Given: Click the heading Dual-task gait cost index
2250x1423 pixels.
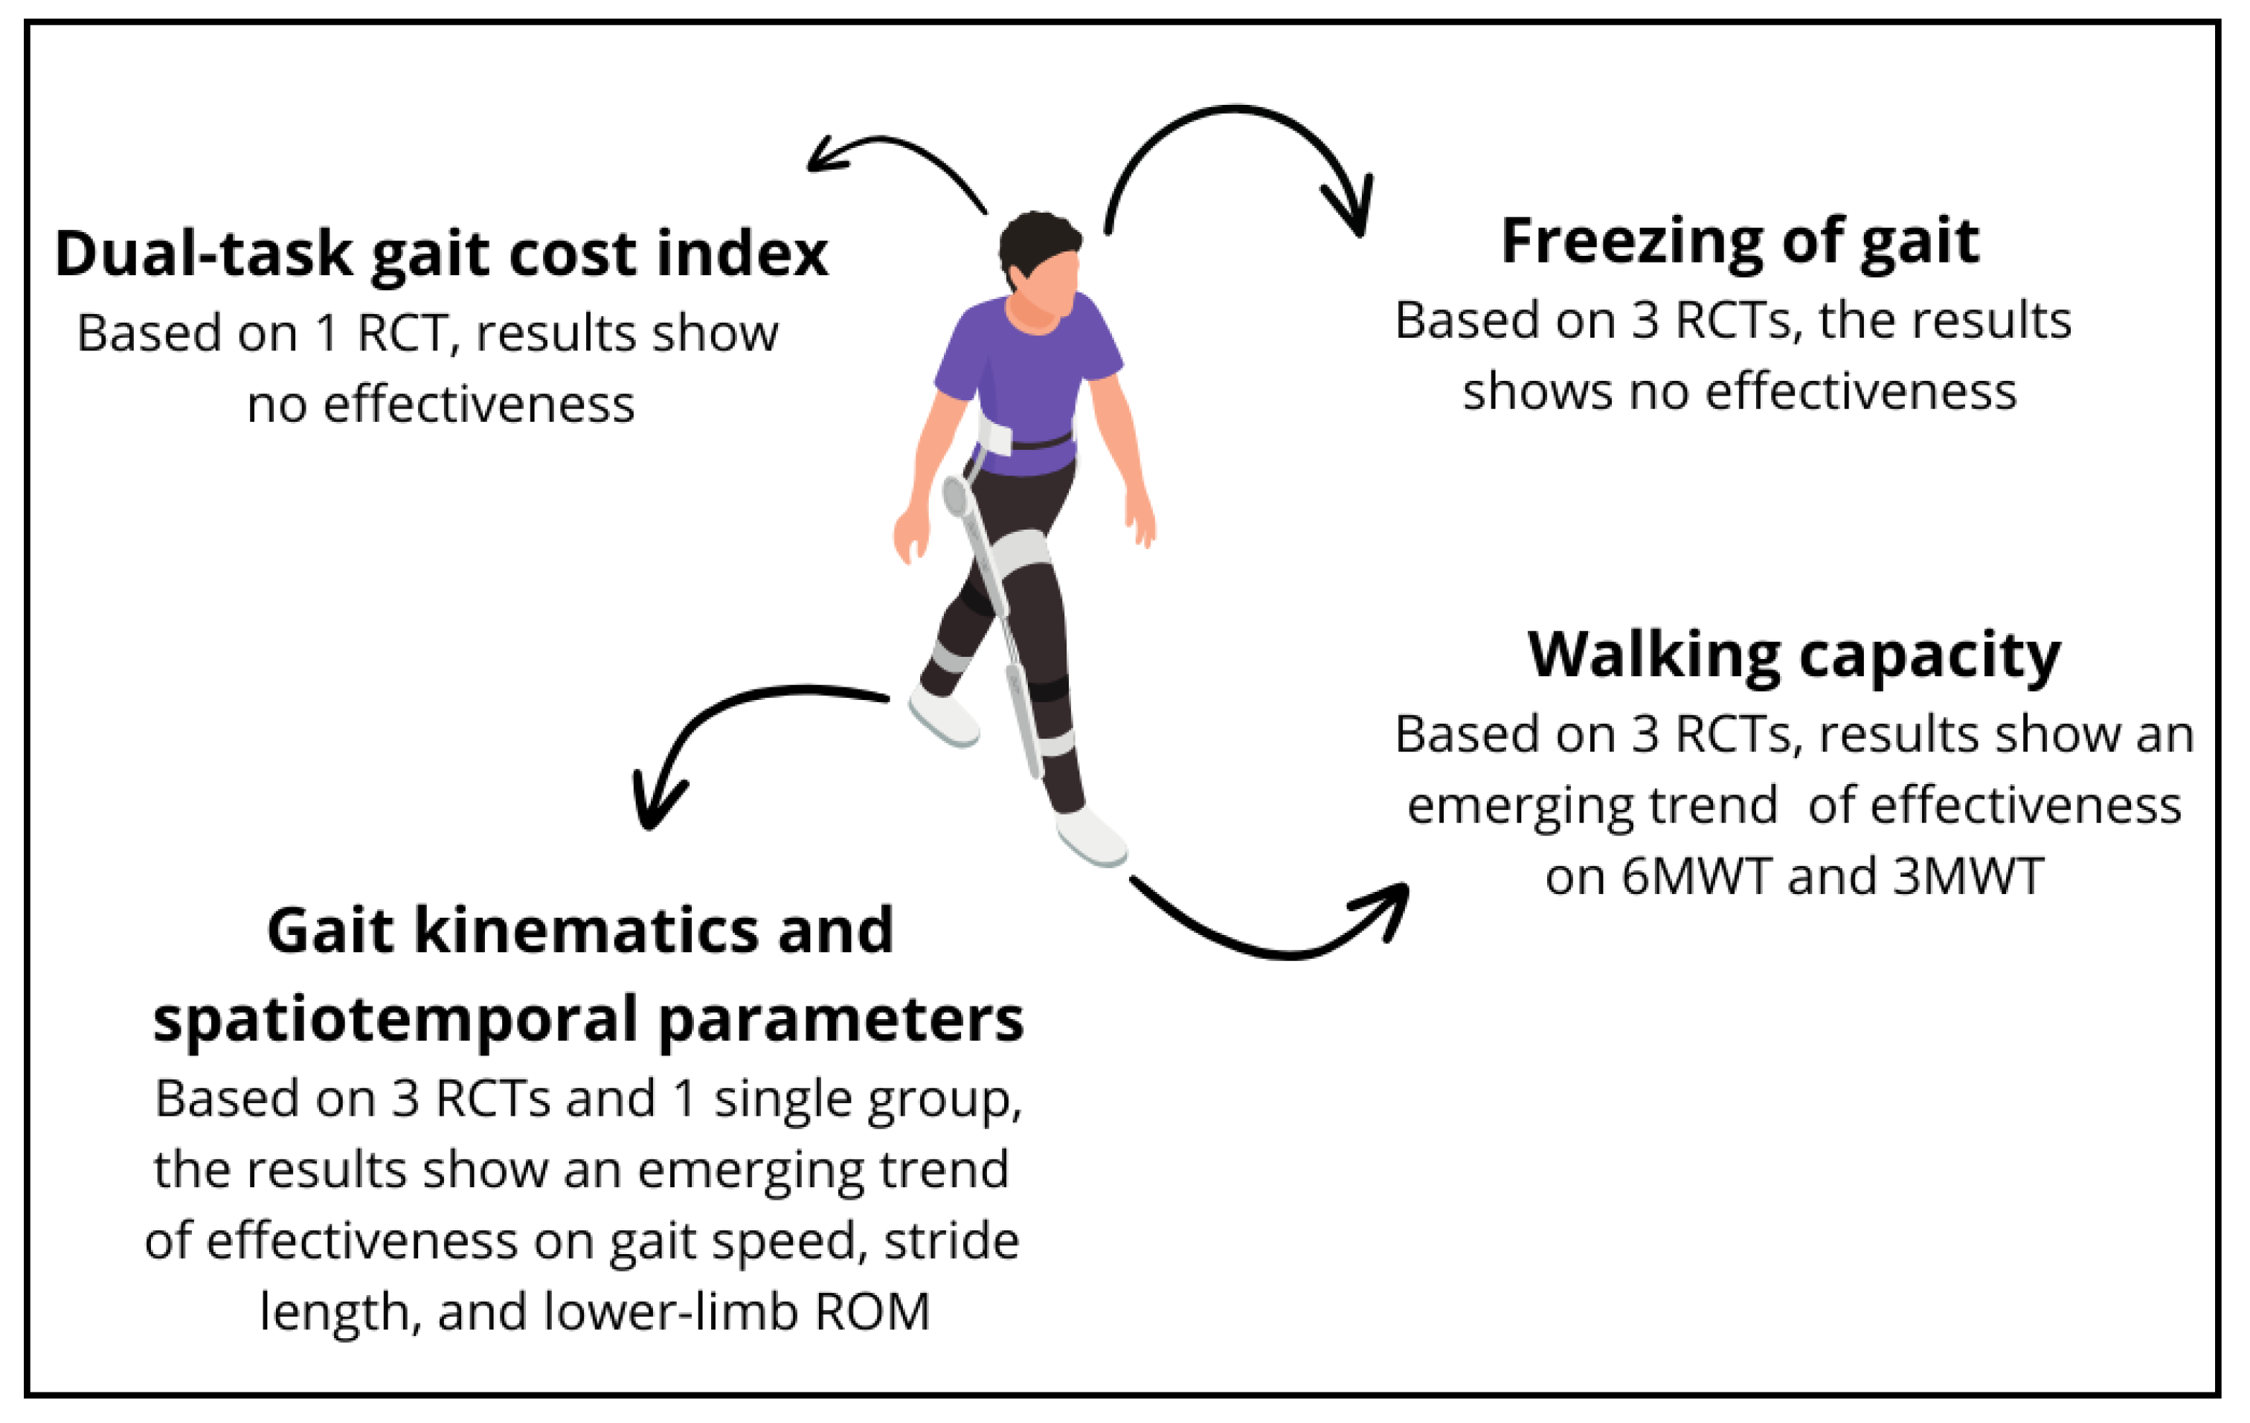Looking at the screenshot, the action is coord(441,254).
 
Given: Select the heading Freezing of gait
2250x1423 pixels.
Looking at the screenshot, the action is coord(1740,242).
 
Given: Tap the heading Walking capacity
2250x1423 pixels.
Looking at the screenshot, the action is coord(1794,655).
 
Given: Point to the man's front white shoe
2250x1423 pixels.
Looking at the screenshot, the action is coord(1090,836).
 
